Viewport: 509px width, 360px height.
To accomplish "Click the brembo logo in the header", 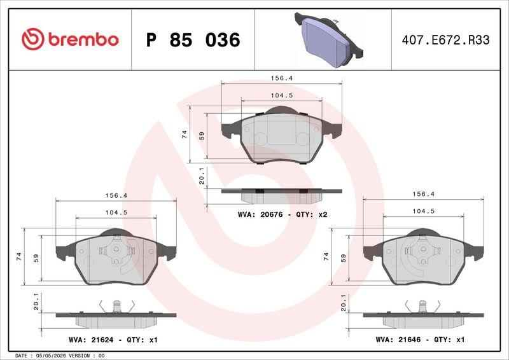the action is [x=70, y=39].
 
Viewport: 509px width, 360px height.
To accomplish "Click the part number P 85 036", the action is [x=193, y=40].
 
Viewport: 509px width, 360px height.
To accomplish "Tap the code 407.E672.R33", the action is [x=445, y=40].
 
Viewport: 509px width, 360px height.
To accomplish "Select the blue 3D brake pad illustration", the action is [x=328, y=39].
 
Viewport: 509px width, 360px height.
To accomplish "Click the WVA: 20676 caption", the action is [x=260, y=214].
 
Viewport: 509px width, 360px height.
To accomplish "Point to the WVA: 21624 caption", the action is [x=91, y=340].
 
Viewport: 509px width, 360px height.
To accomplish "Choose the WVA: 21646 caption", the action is [x=398, y=340].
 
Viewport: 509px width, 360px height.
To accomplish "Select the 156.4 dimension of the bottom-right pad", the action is [x=423, y=194].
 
